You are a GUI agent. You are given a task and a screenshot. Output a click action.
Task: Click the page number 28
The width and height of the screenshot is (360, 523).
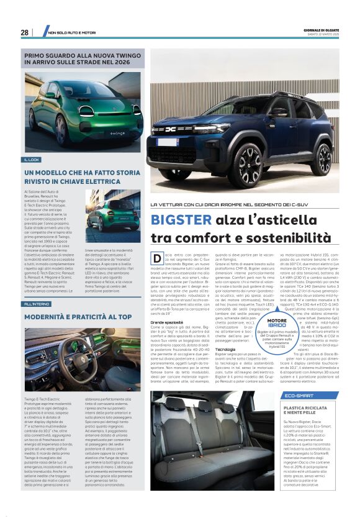tap(24, 32)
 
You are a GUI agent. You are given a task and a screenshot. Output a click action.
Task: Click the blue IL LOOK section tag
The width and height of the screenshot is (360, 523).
tap(32, 160)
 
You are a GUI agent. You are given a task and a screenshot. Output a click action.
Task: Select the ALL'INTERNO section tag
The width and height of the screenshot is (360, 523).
tap(37, 304)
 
